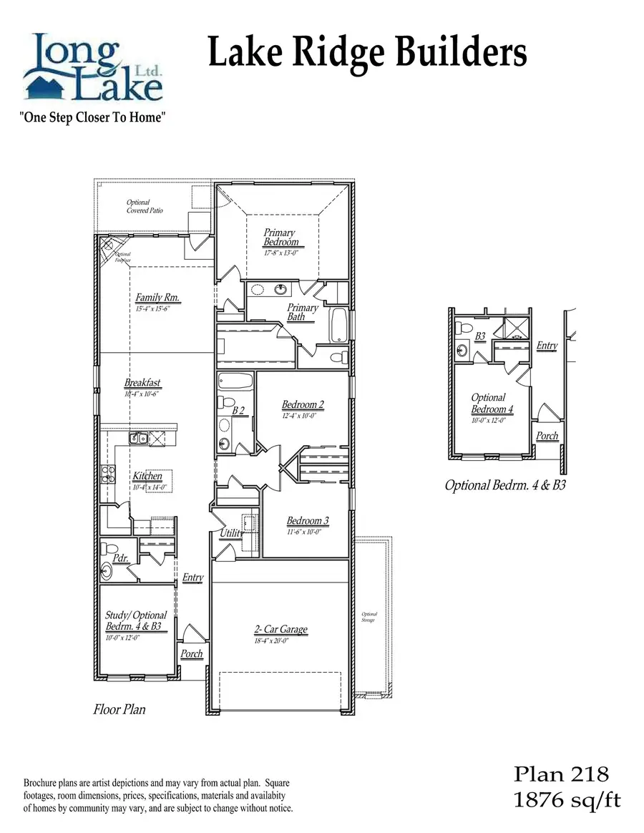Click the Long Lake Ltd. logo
[93, 67]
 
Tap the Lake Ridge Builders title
[367, 54]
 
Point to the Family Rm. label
[157, 298]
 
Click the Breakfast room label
[142, 383]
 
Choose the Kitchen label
[147, 476]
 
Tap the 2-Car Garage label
[280, 629]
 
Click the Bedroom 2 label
[303, 405]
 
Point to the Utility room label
[231, 533]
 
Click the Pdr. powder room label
[120, 557]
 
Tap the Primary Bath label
[302, 312]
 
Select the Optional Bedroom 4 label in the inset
[491, 404]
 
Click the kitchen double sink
[138, 438]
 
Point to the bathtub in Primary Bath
[339, 326]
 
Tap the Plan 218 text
[561, 774]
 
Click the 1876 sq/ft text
[567, 800]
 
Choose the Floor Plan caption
[119, 709]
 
